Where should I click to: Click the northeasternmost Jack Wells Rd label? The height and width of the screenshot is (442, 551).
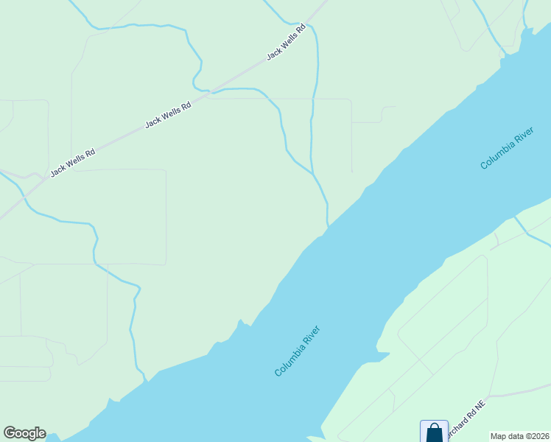tap(286, 43)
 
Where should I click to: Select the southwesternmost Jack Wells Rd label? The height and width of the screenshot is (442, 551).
tap(73, 163)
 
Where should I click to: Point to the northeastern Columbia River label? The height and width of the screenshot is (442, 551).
tap(506, 148)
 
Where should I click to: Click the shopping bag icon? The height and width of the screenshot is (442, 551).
tap(434, 432)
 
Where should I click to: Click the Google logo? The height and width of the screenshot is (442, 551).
tap(24, 433)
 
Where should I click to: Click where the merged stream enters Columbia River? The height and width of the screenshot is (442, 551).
tap(328, 226)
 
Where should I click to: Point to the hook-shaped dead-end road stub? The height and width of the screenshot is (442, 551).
tap(385, 110)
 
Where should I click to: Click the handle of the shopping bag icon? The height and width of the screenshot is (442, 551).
tap(434, 426)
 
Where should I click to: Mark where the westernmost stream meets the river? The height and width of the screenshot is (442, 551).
tap(145, 380)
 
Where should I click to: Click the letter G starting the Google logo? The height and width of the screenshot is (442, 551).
tap(9, 433)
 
